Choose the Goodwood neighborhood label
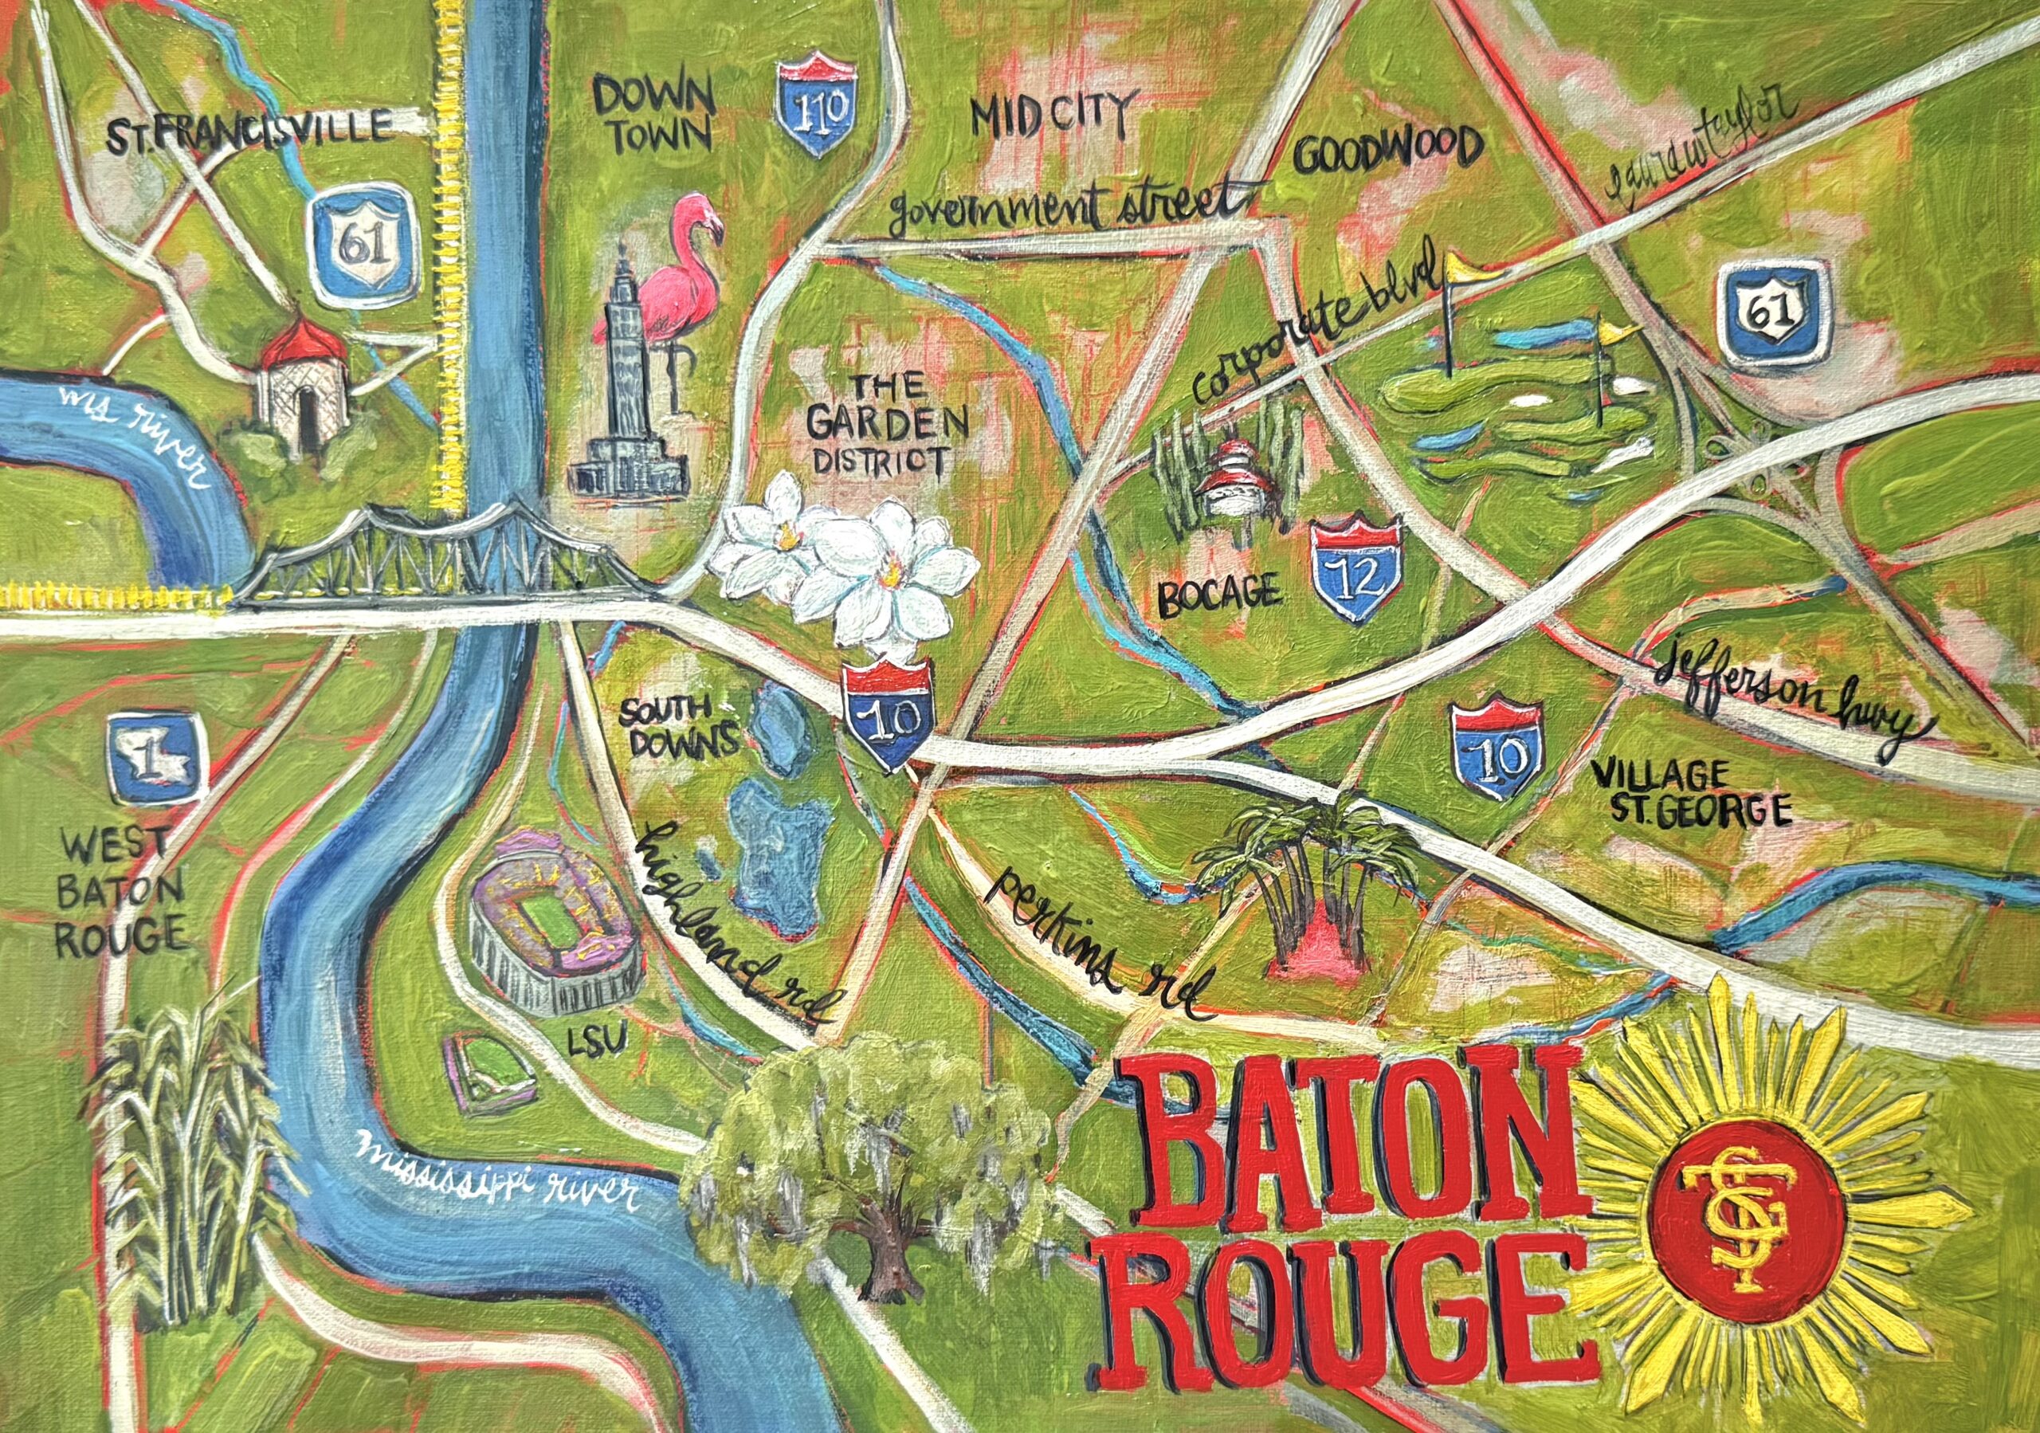click(1388, 151)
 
